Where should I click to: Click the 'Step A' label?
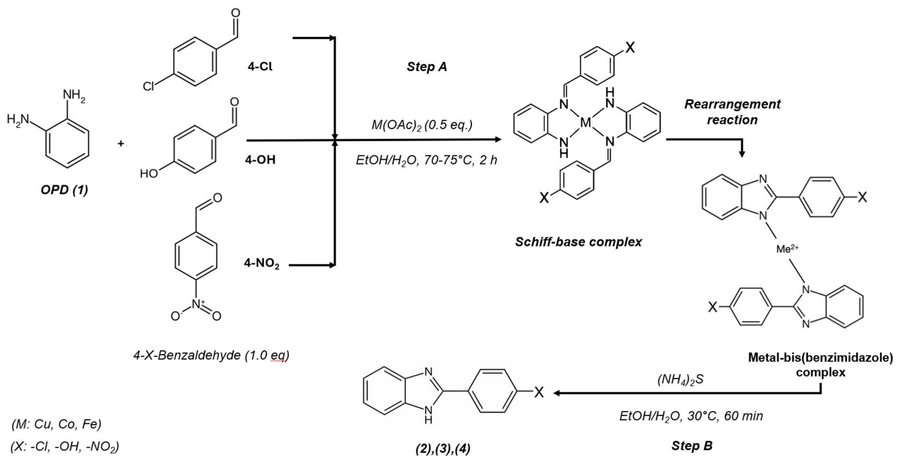pyautogui.click(x=427, y=67)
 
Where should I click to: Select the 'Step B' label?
pyautogui.click(x=692, y=446)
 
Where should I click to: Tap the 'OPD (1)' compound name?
pyautogui.click(x=64, y=190)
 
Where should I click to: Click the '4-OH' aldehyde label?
pyautogui.click(x=260, y=160)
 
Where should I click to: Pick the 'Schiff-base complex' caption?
pyautogui.click(x=578, y=242)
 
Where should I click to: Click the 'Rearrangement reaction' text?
pyautogui.click(x=732, y=112)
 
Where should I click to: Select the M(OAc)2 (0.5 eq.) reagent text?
pyautogui.click(x=422, y=125)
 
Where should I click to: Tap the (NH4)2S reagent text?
pyautogui.click(x=680, y=380)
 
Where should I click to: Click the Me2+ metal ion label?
pyautogui.click(x=787, y=249)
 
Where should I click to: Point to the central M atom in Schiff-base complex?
pyautogui.click(x=585, y=123)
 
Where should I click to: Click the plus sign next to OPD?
pyautogui.click(x=121, y=143)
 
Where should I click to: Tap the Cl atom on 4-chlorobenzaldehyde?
pyautogui.click(x=148, y=86)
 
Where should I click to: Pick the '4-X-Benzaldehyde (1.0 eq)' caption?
pyautogui.click(x=211, y=355)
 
